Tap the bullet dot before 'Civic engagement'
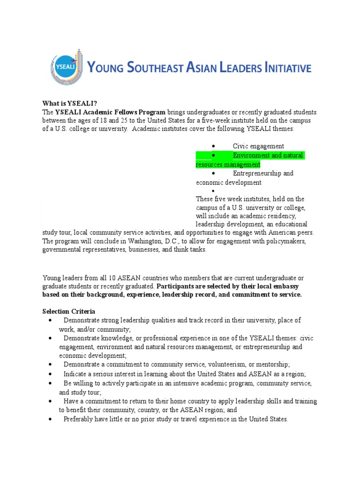pyautogui.click(x=213, y=147)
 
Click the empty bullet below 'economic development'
pyautogui.click(x=213, y=191)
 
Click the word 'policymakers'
pyautogui.click(x=286, y=241)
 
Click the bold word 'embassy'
pyautogui.click(x=287, y=286)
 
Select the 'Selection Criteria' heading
pyautogui.click(x=69, y=312)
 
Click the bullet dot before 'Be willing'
pyautogui.click(x=50, y=383)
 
